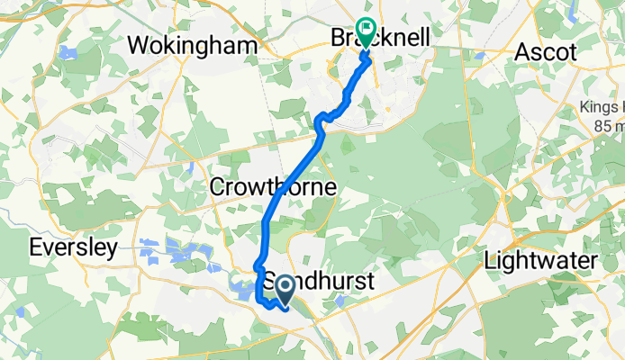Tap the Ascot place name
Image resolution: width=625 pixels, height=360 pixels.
pos(545,52)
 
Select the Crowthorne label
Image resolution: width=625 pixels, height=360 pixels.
pos(273,188)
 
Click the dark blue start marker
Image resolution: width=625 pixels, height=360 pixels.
pos(285,290)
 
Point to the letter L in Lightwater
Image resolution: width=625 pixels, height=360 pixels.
pos(490,261)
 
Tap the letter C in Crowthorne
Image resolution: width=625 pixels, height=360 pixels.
pos(217,188)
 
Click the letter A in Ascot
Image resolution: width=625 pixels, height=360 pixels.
pos(521,52)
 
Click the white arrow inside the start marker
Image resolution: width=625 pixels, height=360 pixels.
pos(285,288)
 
